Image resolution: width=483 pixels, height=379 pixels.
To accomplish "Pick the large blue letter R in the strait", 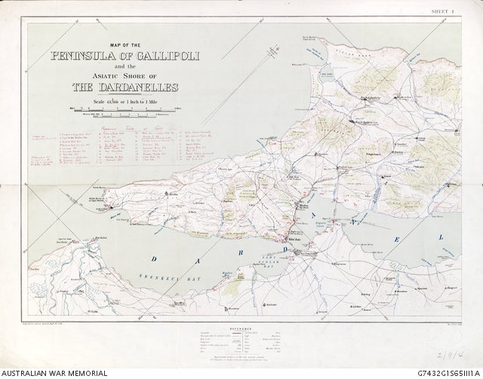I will [241, 252].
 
